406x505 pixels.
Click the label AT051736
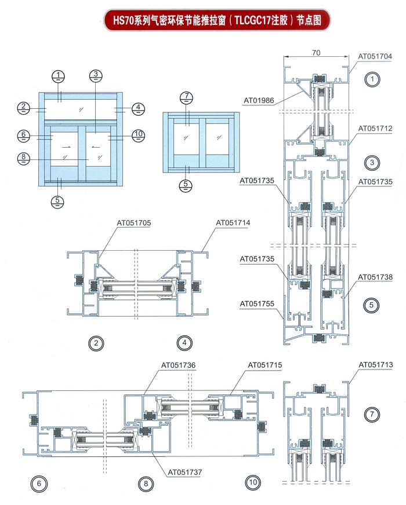click(x=178, y=365)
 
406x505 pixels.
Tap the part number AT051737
click(x=185, y=472)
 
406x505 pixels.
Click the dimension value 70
click(x=316, y=53)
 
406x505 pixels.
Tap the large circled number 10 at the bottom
click(x=253, y=482)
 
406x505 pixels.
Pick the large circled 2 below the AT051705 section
click(x=96, y=343)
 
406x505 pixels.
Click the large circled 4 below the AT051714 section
click(x=184, y=343)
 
